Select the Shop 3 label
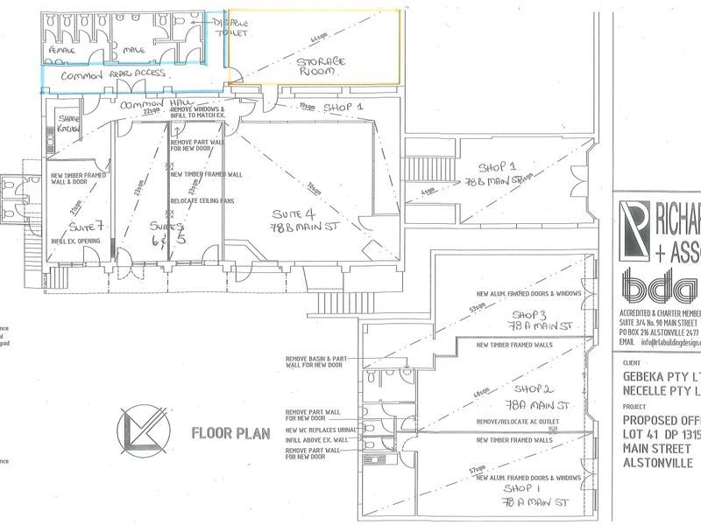pyautogui.click(x=531, y=319)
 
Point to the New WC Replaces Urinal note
pyautogui.click(x=322, y=431)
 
